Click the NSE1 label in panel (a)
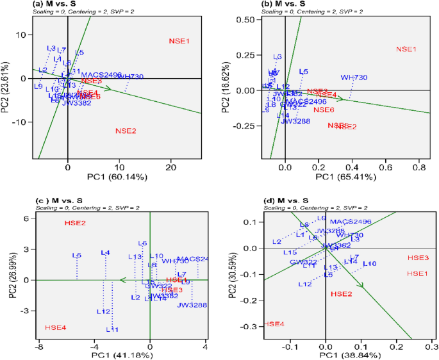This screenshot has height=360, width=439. point(179,40)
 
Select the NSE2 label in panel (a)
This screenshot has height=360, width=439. point(126,131)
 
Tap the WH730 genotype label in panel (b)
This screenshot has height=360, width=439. point(354,78)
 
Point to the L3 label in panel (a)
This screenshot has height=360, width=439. point(51,48)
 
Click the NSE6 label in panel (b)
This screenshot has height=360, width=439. point(324,110)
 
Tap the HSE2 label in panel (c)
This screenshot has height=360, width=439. point(75,223)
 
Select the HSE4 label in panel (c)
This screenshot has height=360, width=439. point(55,327)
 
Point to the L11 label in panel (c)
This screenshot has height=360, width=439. point(112,329)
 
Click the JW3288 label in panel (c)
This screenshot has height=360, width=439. point(193,306)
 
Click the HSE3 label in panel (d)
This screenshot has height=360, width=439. point(418,258)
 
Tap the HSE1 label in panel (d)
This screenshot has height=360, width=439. point(418,274)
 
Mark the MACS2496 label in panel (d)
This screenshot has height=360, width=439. point(351,222)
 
